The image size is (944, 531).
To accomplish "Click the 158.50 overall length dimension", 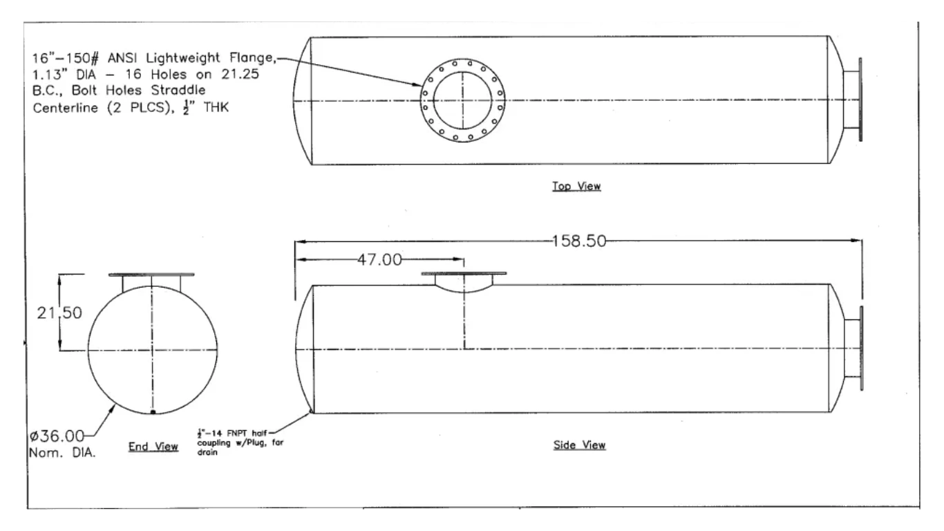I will [579, 241].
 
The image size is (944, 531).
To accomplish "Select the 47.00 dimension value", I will [379, 260].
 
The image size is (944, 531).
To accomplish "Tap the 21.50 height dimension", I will [59, 313].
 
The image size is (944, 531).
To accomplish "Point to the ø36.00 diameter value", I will [57, 436].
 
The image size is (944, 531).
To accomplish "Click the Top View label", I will [576, 186].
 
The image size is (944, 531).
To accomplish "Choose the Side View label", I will [579, 445].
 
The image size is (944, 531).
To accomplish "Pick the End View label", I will [153, 447].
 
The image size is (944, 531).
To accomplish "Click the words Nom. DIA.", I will [62, 453].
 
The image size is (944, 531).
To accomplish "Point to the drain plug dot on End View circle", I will [153, 412].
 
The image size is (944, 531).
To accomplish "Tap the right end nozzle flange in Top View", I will [860, 100].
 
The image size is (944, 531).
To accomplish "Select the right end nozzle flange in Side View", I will [860, 348].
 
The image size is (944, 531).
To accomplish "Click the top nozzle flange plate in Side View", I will [464, 274].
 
